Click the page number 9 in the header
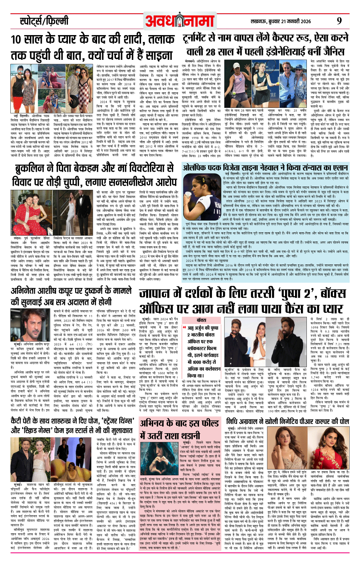(339, 21)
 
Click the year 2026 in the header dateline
(304, 21)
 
